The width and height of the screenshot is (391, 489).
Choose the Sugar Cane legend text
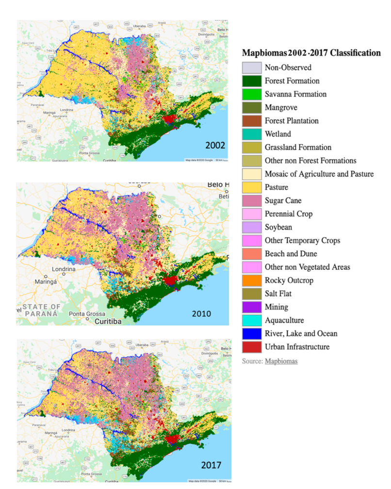(283, 201)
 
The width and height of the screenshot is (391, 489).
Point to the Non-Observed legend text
(288, 67)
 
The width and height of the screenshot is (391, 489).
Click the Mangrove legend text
(281, 107)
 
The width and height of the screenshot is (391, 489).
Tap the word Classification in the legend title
(353, 53)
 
